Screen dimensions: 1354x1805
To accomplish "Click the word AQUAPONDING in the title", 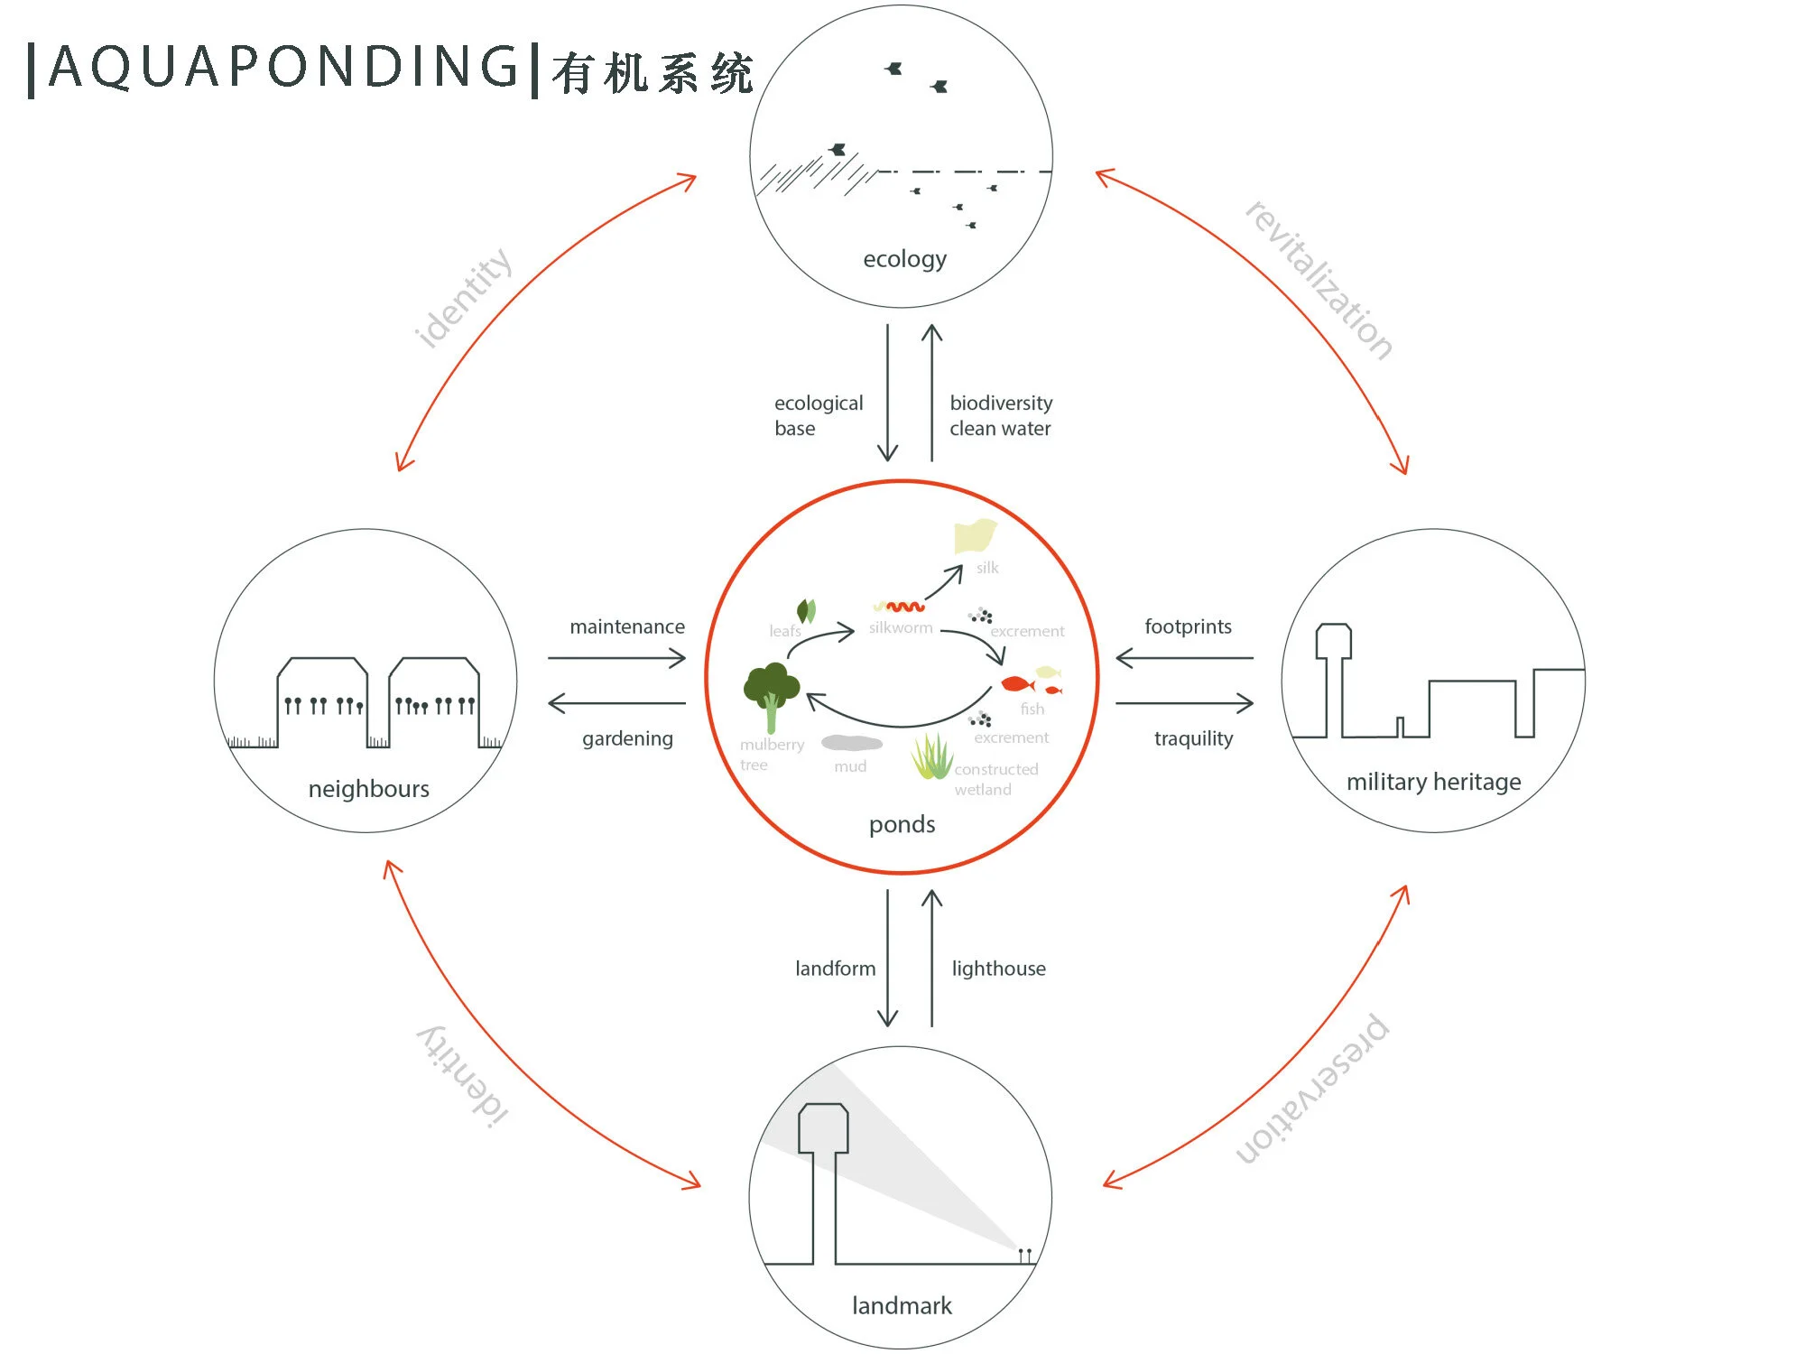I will (283, 67).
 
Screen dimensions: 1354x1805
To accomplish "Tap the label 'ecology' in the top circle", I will (904, 260).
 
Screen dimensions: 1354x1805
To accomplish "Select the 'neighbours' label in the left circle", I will (368, 789).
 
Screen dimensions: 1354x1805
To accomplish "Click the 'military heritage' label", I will (1433, 782).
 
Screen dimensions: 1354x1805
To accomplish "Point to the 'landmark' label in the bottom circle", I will (902, 1305).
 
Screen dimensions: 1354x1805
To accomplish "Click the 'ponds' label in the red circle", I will (902, 824).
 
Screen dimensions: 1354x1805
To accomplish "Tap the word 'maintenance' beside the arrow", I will (627, 626).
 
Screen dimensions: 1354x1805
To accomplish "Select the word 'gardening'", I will (627, 738).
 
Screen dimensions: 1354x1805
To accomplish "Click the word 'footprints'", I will (1188, 626).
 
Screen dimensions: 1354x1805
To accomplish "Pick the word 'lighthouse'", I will (998, 969).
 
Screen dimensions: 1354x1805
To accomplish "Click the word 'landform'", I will (835, 969).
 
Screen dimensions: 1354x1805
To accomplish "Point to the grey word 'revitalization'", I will (1319, 281).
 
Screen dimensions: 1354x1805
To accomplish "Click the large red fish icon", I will (1016, 684).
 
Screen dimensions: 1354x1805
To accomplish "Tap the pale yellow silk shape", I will (975, 536).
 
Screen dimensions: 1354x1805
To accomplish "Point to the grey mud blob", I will (851, 743).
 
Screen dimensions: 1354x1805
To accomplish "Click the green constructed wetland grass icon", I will (932, 756).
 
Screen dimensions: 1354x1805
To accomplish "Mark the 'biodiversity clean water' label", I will (1000, 415).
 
